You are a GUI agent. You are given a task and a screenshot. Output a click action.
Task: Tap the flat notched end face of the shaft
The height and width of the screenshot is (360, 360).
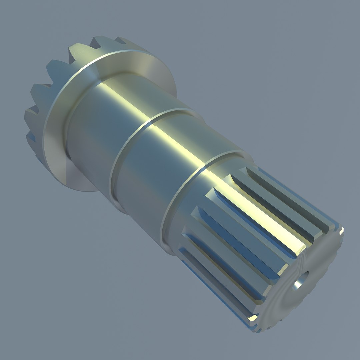point(310,293)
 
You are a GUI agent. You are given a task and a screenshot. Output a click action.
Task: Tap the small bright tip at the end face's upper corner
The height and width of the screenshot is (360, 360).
point(341,230)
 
